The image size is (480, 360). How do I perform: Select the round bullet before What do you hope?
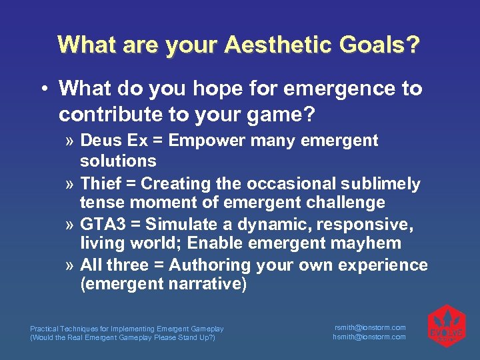tap(43, 89)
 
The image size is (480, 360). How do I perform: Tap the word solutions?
tap(118, 161)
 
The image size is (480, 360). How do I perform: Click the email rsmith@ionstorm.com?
tap(369, 327)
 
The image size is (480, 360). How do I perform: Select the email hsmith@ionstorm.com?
tap(369, 337)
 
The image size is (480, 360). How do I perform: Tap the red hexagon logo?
tap(445, 326)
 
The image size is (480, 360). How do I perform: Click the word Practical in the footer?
tap(44, 329)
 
